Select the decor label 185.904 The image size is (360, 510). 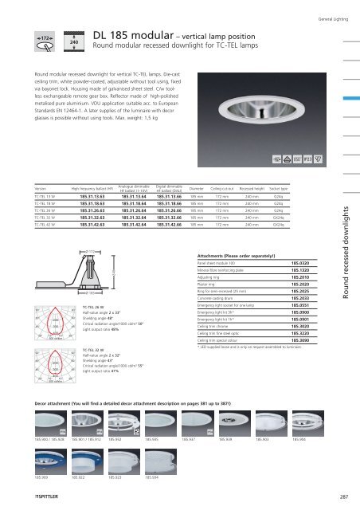(298, 439)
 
